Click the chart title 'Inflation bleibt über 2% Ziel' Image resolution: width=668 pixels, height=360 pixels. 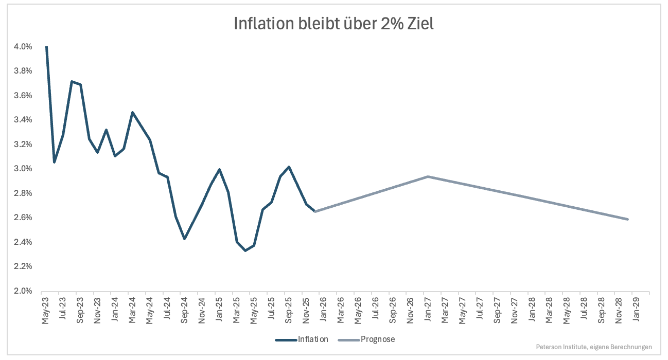coord(333,24)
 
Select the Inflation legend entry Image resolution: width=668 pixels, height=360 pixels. coord(302,339)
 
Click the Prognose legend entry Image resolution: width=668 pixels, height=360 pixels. coord(366,339)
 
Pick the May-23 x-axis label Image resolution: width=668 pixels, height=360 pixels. coord(45,310)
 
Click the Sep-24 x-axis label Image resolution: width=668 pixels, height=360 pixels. coord(184,310)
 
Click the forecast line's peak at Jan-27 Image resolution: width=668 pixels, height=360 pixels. coord(428,176)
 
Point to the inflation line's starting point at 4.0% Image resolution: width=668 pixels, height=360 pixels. coord(46,47)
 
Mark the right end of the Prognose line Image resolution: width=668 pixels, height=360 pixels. coord(628,219)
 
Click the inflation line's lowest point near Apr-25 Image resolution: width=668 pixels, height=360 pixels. coord(245,250)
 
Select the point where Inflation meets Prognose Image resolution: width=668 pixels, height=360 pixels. coord(315,211)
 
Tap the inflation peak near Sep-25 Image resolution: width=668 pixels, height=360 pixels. coord(289,167)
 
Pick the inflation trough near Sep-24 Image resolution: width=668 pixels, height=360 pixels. coord(184,239)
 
